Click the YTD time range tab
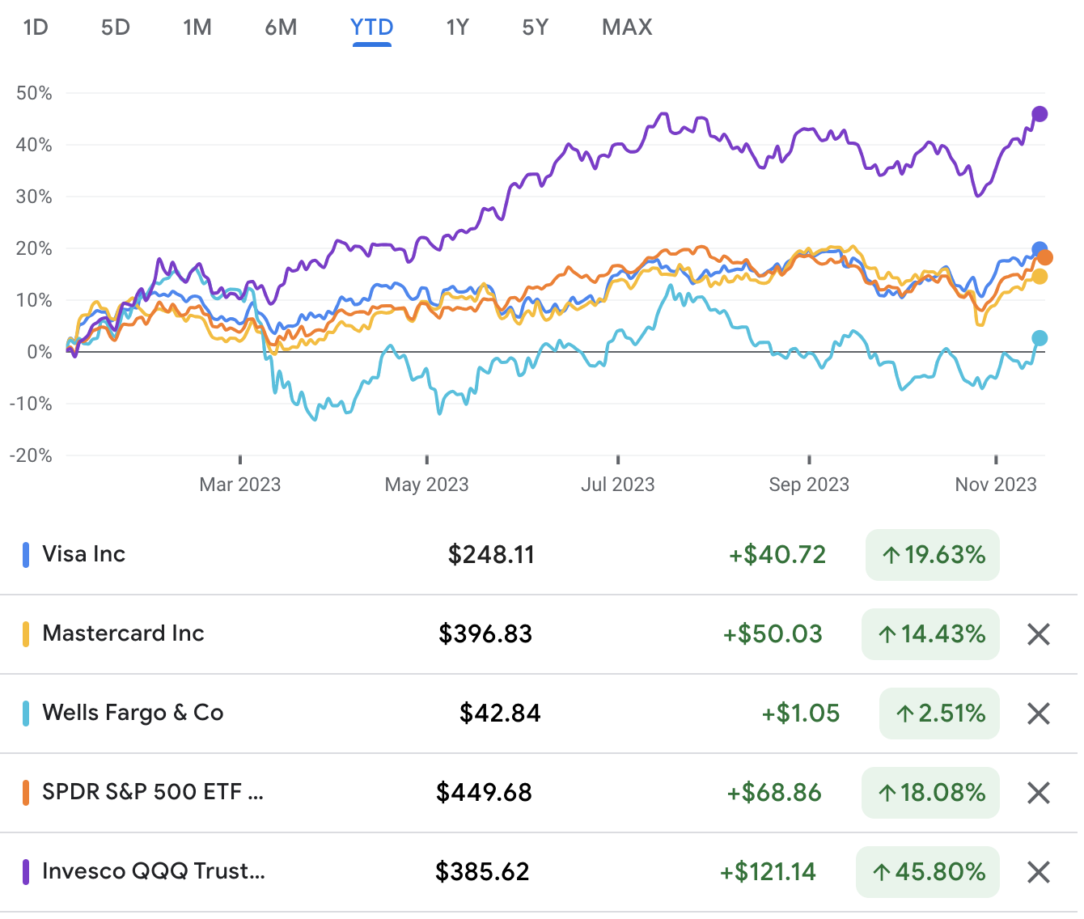[371, 28]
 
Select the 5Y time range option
[535, 28]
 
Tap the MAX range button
[627, 28]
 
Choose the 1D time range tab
[36, 28]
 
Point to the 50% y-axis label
[34, 93]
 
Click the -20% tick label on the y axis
[31, 455]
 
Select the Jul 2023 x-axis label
[617, 485]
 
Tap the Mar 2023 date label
[239, 485]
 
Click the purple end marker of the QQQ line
[1040, 114]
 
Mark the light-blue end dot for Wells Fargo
[1040, 338]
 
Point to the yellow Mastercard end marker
[1040, 277]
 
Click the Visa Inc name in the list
[83, 554]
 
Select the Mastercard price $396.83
[485, 633]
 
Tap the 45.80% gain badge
[928, 871]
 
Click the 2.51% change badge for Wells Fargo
[939, 713]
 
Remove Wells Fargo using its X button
[1038, 713]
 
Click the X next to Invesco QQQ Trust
[1038, 871]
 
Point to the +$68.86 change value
[774, 792]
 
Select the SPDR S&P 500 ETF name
[153, 792]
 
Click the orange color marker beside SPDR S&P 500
[26, 792]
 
